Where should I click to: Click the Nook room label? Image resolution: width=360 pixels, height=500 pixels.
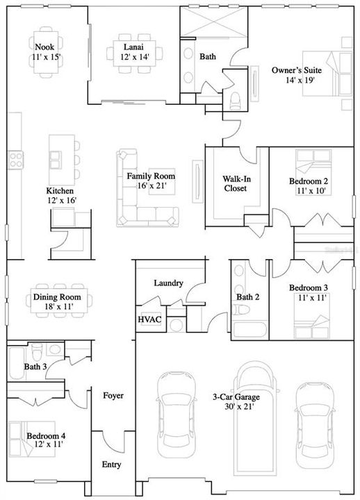coord(44,47)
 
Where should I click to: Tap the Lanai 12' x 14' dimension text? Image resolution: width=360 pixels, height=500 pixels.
coord(133,57)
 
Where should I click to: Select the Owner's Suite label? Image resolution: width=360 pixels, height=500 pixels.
coord(294,69)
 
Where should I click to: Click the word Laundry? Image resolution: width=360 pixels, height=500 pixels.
coord(169,283)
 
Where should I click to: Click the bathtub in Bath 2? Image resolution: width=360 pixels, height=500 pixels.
coord(248,328)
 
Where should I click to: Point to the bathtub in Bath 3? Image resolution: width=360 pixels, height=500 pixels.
coord(17,366)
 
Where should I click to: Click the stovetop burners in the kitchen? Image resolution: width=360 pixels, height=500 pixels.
coord(15,160)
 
